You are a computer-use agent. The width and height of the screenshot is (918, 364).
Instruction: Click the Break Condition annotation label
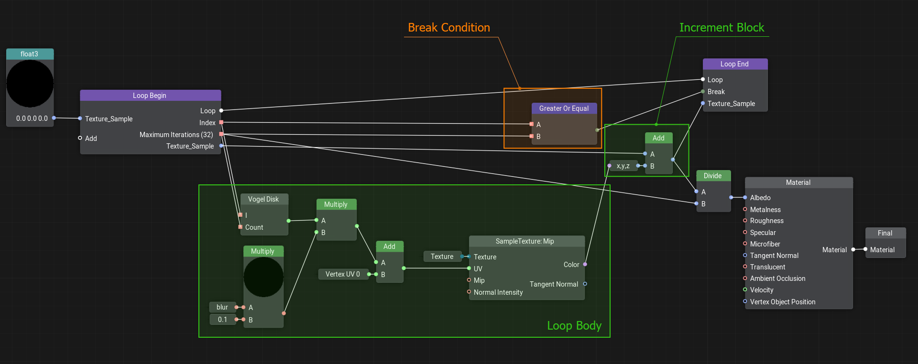click(448, 28)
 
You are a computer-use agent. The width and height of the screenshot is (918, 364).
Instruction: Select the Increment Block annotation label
click(721, 28)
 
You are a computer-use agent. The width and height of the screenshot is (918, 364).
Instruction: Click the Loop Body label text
click(574, 326)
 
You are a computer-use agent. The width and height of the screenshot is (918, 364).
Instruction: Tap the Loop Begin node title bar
click(150, 96)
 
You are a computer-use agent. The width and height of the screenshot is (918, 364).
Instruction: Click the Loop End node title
click(734, 64)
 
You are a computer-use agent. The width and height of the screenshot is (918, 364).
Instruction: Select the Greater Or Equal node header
click(564, 108)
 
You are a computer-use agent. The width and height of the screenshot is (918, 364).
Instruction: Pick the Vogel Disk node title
click(263, 199)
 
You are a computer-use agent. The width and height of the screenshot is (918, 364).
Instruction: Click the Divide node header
click(712, 176)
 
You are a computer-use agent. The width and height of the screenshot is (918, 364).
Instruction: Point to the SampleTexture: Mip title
click(525, 241)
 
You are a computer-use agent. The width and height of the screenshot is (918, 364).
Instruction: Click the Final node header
click(885, 233)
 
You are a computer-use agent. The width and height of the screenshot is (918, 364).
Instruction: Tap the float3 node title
click(30, 54)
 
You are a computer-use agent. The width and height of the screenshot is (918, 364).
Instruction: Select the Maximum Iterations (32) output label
click(176, 135)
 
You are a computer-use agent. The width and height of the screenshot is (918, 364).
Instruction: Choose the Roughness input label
click(766, 221)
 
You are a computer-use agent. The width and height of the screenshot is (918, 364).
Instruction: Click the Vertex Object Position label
click(782, 302)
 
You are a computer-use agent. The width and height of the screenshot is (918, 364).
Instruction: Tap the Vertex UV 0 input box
click(343, 274)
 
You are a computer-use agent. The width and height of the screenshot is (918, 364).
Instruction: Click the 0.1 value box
click(222, 320)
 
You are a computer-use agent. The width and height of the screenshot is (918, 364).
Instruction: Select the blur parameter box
click(222, 307)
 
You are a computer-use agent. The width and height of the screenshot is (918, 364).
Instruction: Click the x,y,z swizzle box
click(623, 166)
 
